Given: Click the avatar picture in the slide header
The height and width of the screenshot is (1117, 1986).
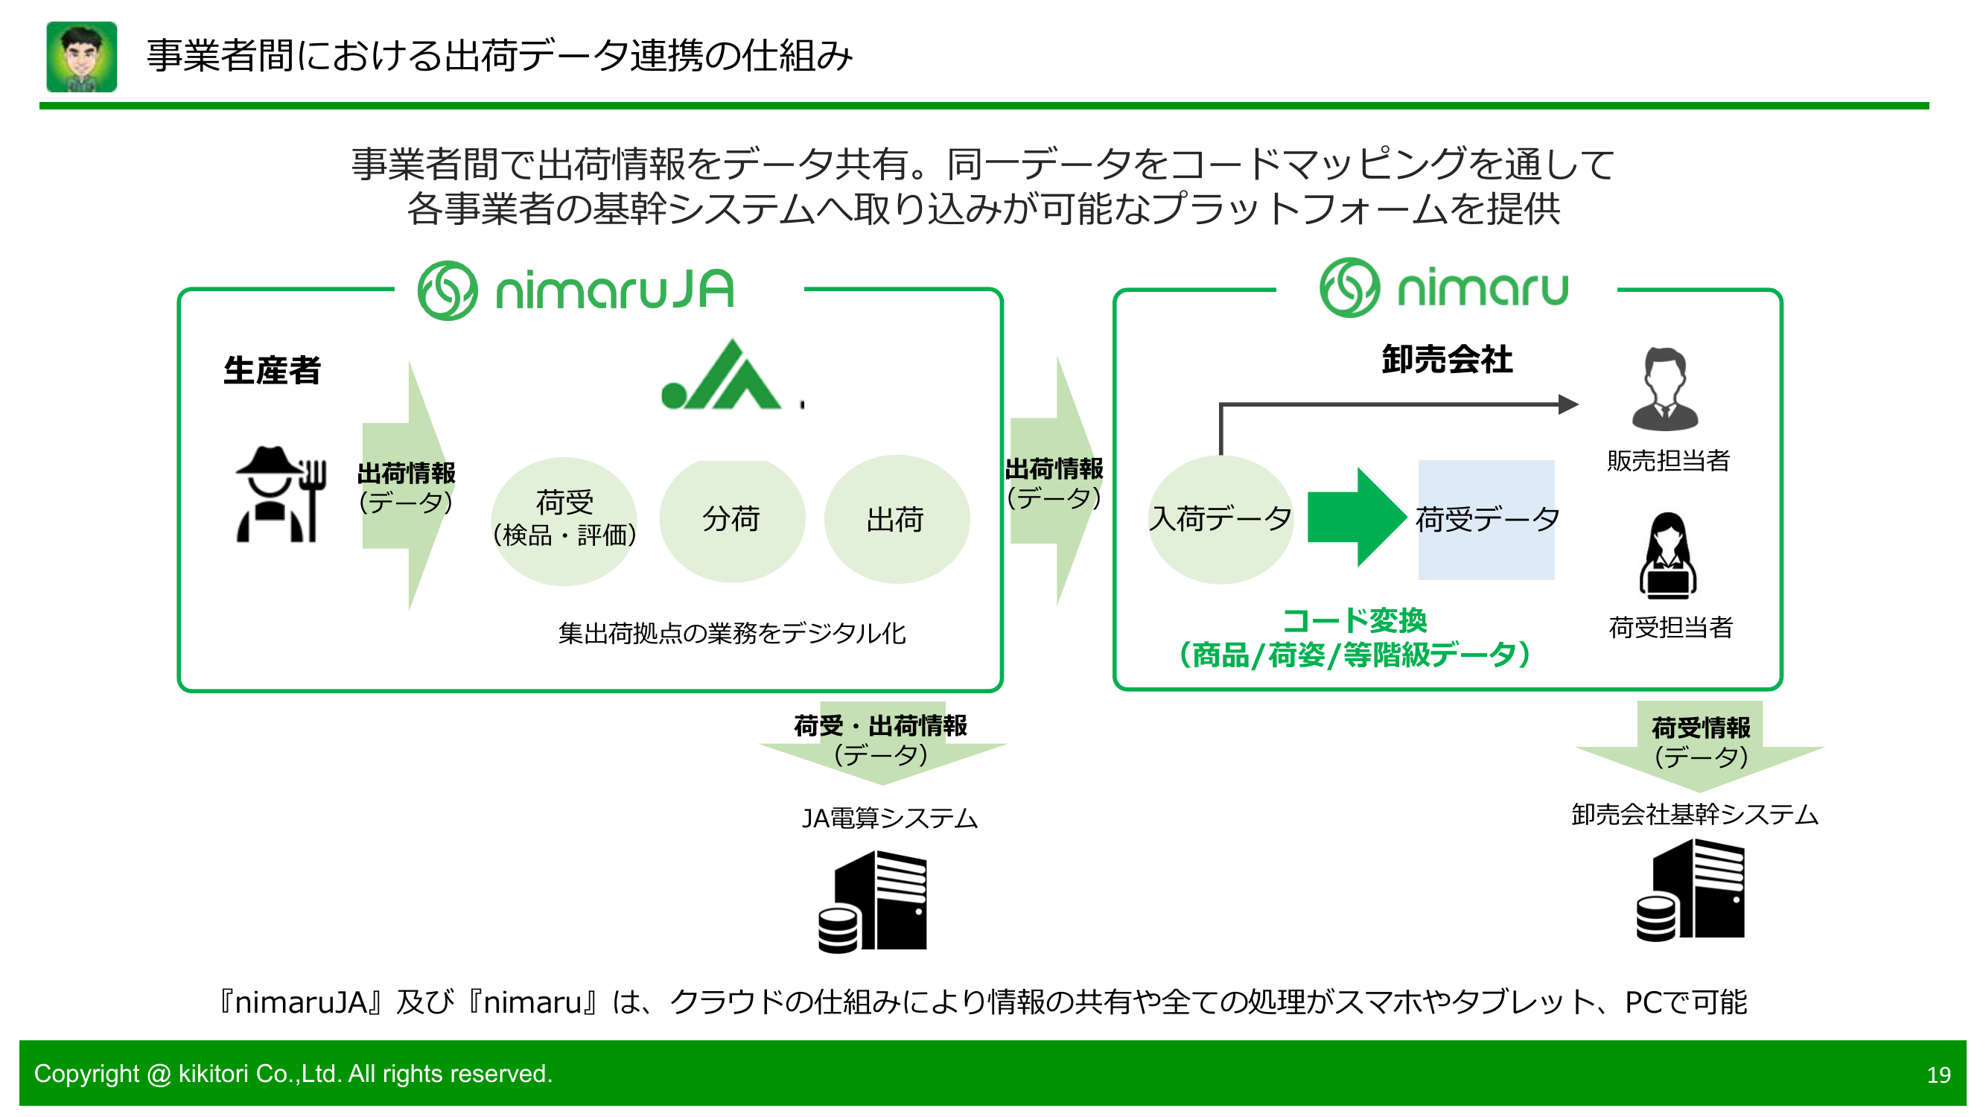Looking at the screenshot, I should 82,57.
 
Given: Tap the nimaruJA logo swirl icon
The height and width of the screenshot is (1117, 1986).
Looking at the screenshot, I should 447,290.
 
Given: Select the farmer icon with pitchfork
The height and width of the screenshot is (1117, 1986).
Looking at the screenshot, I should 281,494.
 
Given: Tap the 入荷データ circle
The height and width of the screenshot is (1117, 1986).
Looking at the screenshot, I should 1220,520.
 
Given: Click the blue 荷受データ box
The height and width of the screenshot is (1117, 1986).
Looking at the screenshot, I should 1486,520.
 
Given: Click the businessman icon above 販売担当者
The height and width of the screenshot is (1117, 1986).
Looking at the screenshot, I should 1664,389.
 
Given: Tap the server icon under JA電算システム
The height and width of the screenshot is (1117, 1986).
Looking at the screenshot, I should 873,901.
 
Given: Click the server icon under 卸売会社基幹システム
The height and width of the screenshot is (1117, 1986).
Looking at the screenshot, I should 1690,891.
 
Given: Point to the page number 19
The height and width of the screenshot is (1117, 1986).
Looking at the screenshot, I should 1938,1075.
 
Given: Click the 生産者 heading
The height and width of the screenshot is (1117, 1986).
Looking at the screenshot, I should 271,371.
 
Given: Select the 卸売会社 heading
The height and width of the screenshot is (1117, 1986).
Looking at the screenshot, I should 1446,360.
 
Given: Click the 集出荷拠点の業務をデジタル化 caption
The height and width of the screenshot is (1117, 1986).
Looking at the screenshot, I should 732,634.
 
